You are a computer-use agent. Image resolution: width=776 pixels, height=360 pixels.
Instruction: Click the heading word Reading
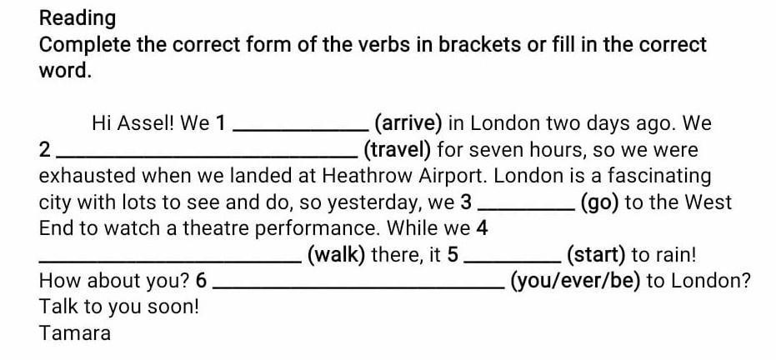[x=78, y=17]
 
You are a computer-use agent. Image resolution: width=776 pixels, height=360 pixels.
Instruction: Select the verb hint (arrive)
[x=408, y=124]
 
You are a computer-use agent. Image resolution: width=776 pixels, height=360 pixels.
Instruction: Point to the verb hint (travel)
[x=397, y=151]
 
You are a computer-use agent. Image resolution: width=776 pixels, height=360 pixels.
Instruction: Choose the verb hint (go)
[x=598, y=202]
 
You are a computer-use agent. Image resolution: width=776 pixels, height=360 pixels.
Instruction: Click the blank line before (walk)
[x=171, y=260]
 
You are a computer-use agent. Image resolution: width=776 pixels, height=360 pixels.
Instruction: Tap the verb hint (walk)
[x=337, y=255]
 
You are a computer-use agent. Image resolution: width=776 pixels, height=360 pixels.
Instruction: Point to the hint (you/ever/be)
[x=575, y=281]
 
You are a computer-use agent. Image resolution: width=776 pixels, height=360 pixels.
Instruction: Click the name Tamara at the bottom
[x=74, y=333]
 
